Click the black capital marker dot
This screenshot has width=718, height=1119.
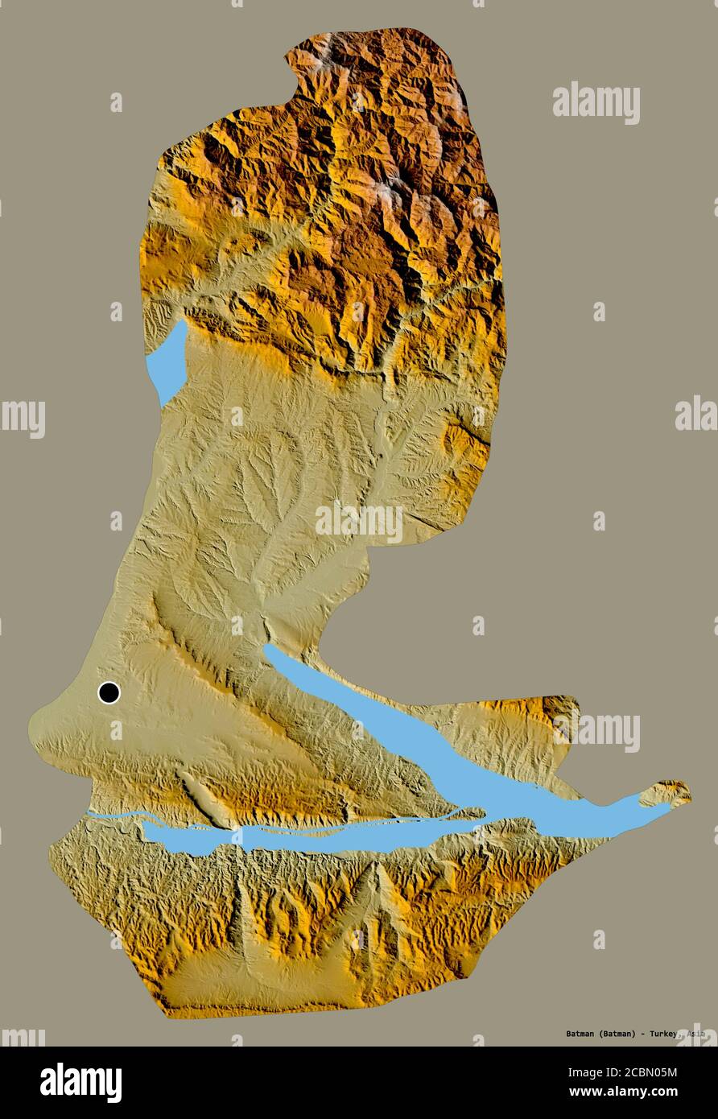(109, 692)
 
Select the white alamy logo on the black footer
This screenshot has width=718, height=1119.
(80, 1083)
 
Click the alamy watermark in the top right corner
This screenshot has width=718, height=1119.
(596, 103)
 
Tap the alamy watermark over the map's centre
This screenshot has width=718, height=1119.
(359, 522)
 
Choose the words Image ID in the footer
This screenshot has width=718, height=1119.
(590, 1072)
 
